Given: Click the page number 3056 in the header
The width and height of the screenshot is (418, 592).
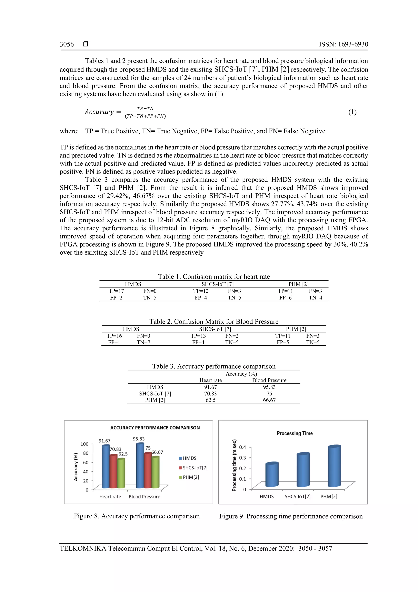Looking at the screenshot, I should pos(67,44).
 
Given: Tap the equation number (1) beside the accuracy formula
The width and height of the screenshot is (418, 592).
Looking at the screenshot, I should pos(352,112).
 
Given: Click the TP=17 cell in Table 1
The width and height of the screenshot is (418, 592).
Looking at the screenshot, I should pos(116,291).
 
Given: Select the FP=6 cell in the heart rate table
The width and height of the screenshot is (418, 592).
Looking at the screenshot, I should pos(285,298).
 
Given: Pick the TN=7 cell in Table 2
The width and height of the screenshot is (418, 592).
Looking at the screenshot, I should pos(143,342).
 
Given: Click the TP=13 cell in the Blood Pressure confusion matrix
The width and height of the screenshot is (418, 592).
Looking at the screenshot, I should pos(198,336).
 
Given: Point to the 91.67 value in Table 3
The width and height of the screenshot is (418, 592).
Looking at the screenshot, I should pos(210,387).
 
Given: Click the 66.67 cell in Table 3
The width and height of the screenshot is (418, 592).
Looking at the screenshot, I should pos(269,400).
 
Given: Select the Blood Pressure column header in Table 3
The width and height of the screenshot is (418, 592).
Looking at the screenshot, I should pos(269,380).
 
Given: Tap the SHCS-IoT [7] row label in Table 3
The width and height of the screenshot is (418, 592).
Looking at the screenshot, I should pos(155,393).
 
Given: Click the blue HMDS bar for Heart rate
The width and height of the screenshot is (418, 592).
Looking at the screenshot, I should pos(106,467).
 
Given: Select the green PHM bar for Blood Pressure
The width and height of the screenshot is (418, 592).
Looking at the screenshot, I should pos(155,472).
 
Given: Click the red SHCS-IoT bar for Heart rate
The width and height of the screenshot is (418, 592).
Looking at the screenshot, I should pos(113,472).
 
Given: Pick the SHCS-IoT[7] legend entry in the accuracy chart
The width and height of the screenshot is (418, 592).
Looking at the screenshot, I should pos(195,468).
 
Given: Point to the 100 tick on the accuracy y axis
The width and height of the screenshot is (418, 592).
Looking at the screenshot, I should pos(84,444).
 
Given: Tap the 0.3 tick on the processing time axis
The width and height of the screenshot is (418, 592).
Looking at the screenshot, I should pos(242,458).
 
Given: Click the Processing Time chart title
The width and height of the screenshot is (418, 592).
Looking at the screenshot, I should pos(295,433).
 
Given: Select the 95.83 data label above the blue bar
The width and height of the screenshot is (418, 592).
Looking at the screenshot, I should pos(139,439).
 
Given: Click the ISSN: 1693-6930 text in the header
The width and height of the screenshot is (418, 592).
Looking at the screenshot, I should pos(343,44).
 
